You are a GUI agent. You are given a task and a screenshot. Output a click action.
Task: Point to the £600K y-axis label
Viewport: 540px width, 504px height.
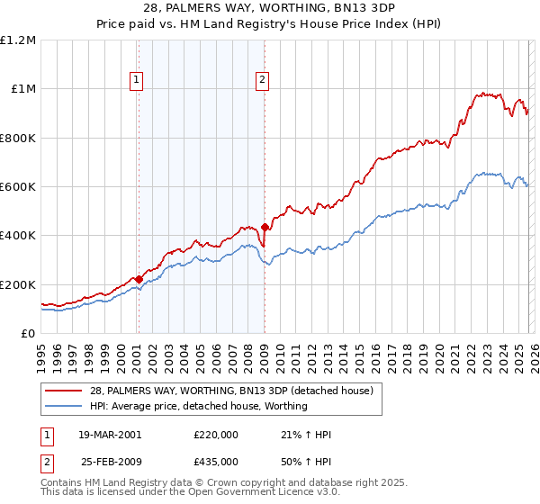[x=18, y=187]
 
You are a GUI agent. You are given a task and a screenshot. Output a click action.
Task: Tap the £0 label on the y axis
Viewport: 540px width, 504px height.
[x=29, y=334]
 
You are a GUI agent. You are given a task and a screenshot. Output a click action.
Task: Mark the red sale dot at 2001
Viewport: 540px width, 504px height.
[x=139, y=279]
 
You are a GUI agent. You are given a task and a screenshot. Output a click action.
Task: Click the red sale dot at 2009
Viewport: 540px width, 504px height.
[x=265, y=227]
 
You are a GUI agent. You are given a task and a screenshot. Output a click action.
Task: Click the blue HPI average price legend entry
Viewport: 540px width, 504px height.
[x=198, y=406]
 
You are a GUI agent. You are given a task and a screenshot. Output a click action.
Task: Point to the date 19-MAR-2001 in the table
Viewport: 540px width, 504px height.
[x=110, y=435]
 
